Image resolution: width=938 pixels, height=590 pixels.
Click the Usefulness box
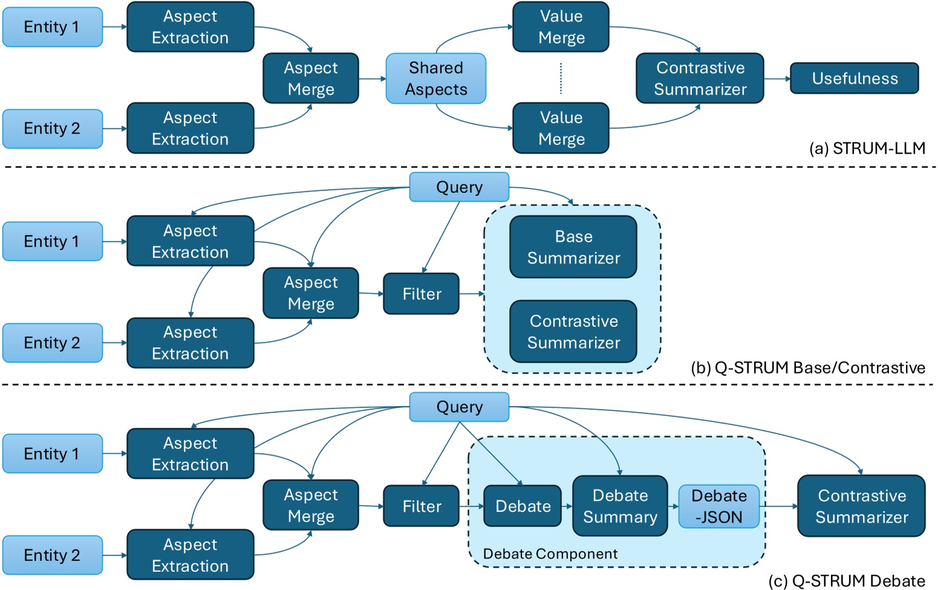click(854, 79)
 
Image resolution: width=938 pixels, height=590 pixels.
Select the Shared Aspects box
click(435, 79)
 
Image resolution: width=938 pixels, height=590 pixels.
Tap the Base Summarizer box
click(573, 247)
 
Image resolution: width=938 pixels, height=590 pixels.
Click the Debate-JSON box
click(718, 507)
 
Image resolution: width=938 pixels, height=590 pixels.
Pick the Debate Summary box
click(620, 506)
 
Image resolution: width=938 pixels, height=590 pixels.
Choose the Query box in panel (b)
click(459, 187)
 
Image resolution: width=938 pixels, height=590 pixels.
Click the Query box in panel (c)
click(459, 407)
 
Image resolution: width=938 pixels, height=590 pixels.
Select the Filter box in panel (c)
click(422, 506)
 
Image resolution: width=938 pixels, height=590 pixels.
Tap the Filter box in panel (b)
click(422, 294)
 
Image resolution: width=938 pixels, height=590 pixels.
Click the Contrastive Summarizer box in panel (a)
click(700, 79)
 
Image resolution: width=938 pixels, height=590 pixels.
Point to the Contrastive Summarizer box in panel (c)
click(861, 506)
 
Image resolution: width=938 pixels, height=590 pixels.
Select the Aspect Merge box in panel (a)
click(311, 79)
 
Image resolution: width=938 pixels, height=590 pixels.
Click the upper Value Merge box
click(561, 27)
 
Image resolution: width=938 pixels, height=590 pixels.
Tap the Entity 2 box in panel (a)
click(53, 129)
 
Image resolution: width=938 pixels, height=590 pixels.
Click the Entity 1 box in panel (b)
click(53, 241)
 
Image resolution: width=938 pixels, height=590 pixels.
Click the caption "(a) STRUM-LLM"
click(867, 148)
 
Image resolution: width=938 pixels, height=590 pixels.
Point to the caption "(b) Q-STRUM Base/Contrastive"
click(807, 368)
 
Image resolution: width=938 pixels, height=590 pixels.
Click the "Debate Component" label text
click(550, 554)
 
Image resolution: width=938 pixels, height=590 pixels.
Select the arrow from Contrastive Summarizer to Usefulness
click(777, 79)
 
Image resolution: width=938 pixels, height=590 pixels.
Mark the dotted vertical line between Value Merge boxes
click(561, 79)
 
